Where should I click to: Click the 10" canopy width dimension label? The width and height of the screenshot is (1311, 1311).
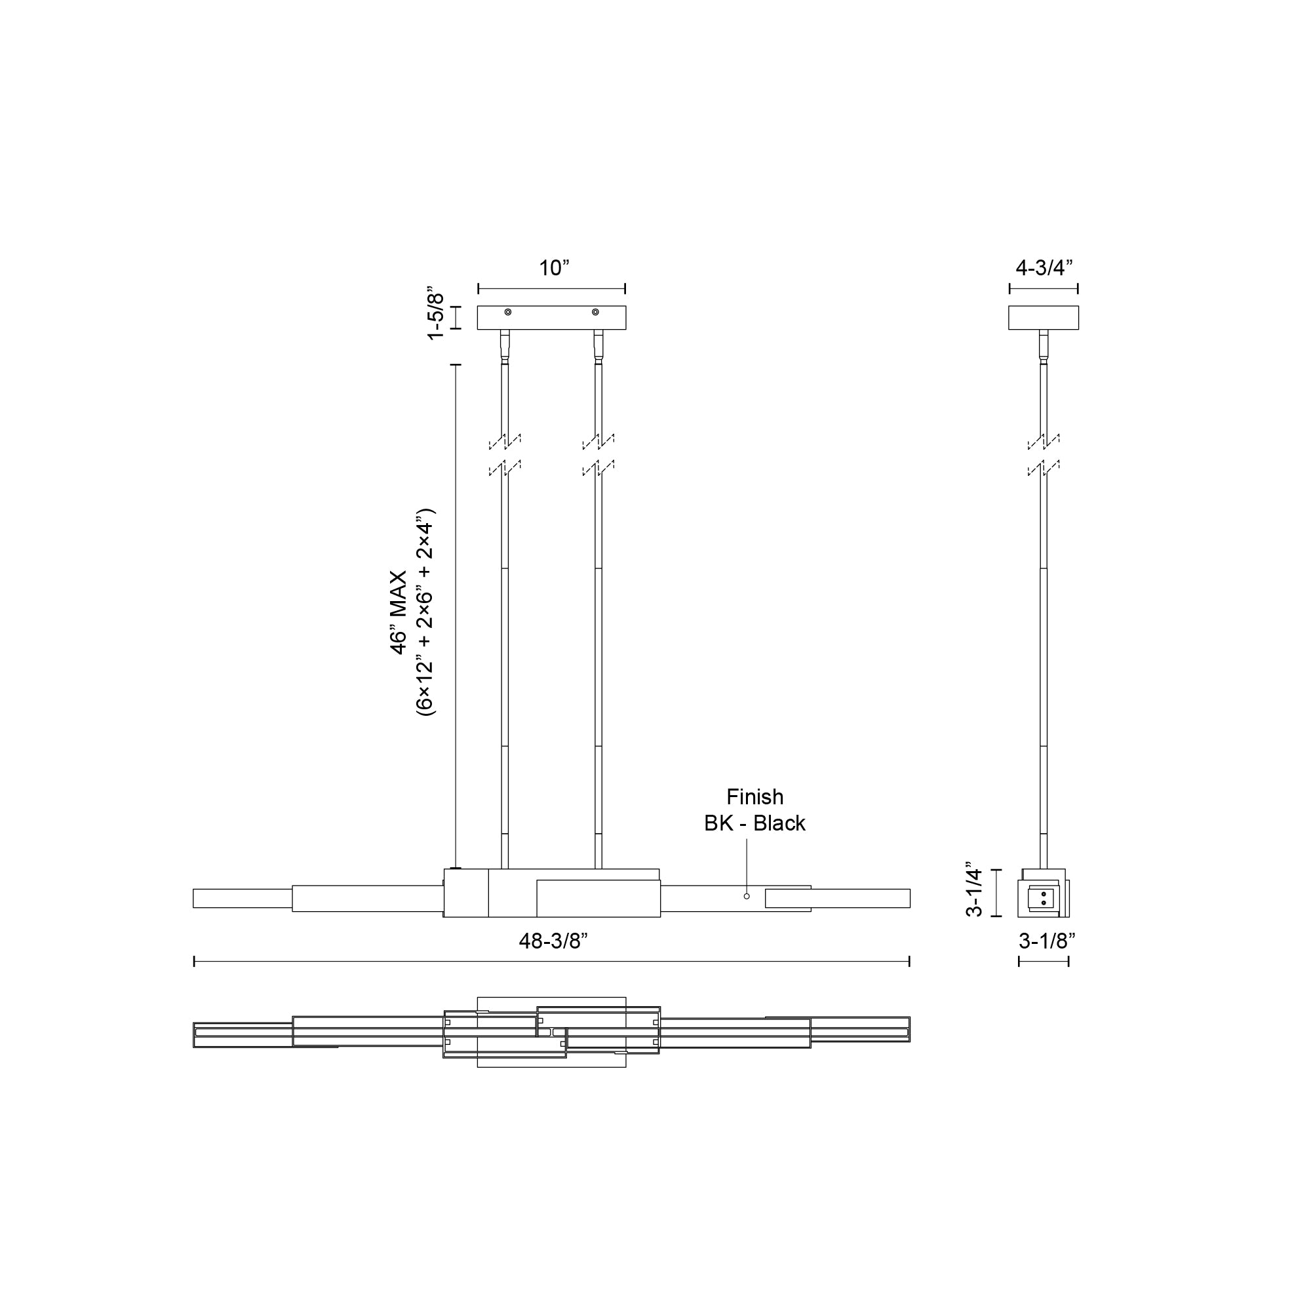pos(554,268)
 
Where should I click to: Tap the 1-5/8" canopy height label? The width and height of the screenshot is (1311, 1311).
pos(435,316)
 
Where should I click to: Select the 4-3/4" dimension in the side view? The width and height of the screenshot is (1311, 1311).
pos(1044,268)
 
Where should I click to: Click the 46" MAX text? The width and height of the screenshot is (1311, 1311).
pos(399,613)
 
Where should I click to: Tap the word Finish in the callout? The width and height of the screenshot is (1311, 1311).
pos(754,796)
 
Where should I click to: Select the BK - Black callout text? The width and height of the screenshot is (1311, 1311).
pos(754,823)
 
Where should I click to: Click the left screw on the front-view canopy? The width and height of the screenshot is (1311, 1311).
pos(507,312)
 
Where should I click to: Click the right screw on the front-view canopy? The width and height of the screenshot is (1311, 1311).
pos(595,312)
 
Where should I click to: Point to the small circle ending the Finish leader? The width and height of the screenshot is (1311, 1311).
pos(747,896)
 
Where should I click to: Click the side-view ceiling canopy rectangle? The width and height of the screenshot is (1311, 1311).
pos(1043,317)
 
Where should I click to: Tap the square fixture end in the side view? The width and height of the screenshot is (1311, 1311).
pos(1042,893)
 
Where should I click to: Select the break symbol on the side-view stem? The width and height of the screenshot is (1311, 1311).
pos(1044,456)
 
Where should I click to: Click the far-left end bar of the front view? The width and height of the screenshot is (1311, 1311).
pos(243,899)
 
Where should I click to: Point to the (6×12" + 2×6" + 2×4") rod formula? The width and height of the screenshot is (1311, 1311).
pos(425,613)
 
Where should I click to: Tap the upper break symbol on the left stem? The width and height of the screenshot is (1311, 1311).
pos(505,442)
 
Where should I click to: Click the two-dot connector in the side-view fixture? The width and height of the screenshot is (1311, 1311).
pos(1043,899)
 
